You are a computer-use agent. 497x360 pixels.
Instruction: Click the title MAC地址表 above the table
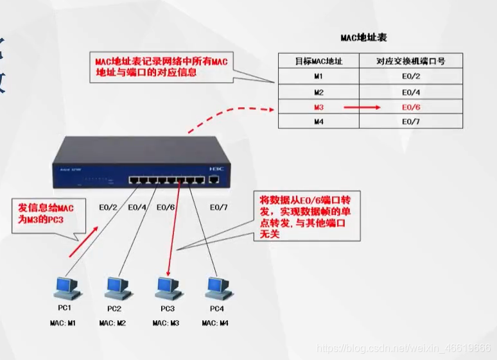364,39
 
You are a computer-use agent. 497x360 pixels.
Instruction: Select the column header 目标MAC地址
318,62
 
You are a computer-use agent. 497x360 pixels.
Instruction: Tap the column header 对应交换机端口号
411,62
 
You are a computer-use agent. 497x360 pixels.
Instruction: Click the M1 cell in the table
318,76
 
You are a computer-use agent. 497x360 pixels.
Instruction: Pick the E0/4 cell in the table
411,92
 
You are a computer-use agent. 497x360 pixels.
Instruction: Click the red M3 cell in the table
318,107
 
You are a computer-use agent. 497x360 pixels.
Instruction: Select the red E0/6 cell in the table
411,107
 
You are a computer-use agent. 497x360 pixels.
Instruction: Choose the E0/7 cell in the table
411,122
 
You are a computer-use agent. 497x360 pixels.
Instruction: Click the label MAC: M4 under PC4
215,323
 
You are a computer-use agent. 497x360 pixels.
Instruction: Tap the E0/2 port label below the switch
109,207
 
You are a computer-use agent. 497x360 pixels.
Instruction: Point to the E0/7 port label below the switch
220,207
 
